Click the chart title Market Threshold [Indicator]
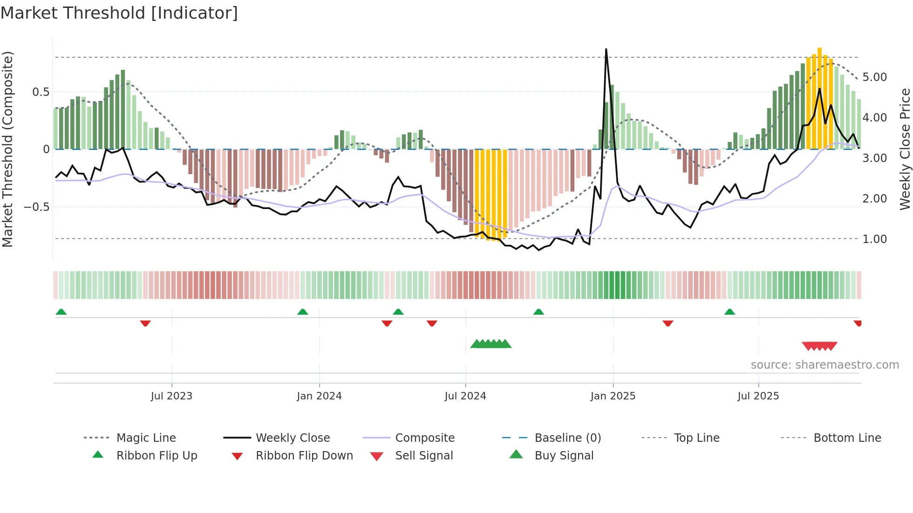[119, 13]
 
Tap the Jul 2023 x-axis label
[171, 396]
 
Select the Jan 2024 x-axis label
[319, 396]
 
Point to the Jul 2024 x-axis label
[465, 396]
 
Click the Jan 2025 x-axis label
[613, 396]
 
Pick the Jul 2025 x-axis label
[758, 396]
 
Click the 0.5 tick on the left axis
[41, 92]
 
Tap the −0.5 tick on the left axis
[37, 207]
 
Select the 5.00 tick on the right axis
[874, 77]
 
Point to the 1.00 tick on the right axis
[874, 239]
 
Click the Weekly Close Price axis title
[905, 149]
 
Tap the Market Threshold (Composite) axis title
[7, 149]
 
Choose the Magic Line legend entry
[146, 438]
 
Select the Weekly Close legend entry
[293, 438]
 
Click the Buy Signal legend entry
[564, 456]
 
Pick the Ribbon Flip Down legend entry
[304, 456]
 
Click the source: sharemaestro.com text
[824, 365]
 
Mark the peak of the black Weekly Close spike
[606, 49]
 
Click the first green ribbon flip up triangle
[61, 312]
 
